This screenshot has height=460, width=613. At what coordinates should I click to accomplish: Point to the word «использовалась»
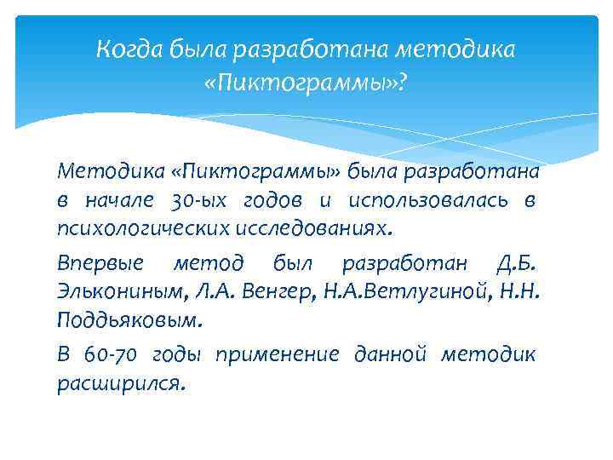coord(429,200)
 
